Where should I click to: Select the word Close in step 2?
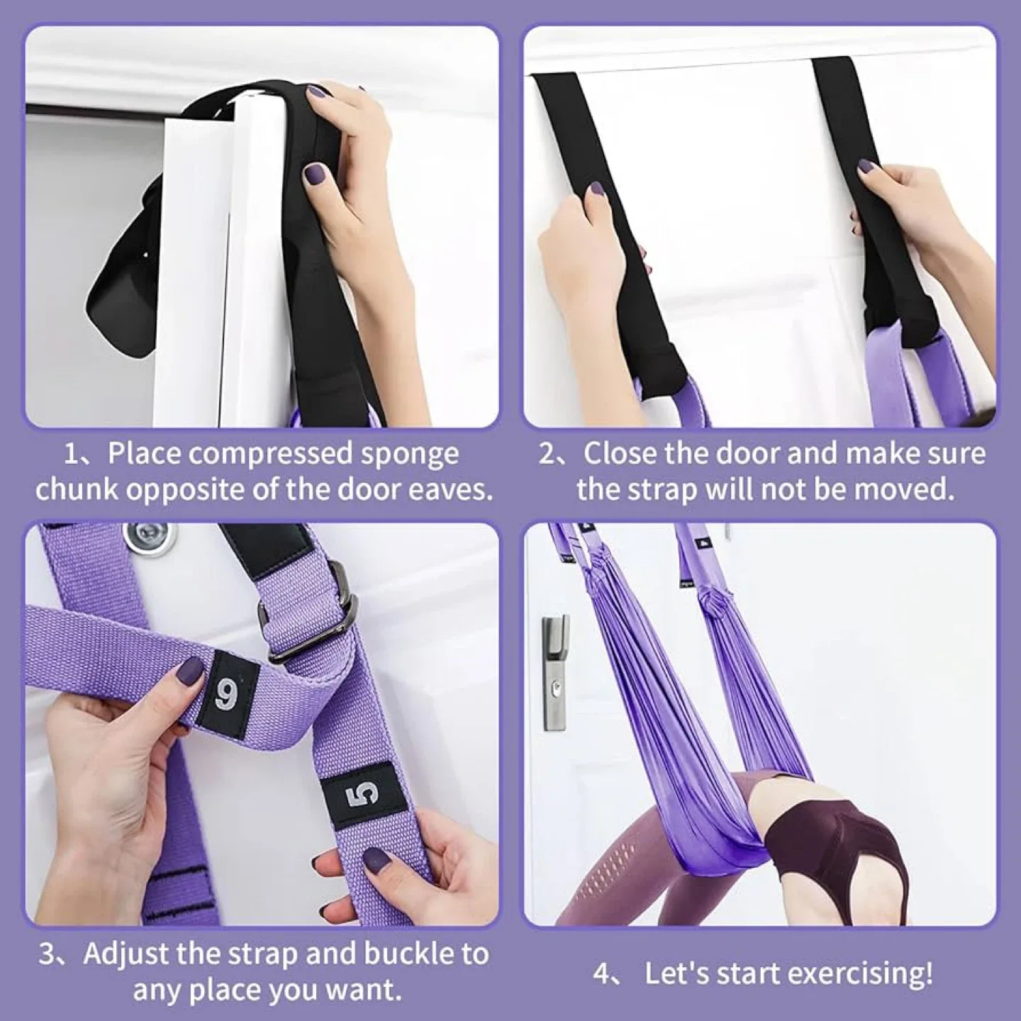(x=620, y=454)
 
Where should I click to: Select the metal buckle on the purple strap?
(x=311, y=617)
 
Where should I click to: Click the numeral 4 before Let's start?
(x=601, y=974)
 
